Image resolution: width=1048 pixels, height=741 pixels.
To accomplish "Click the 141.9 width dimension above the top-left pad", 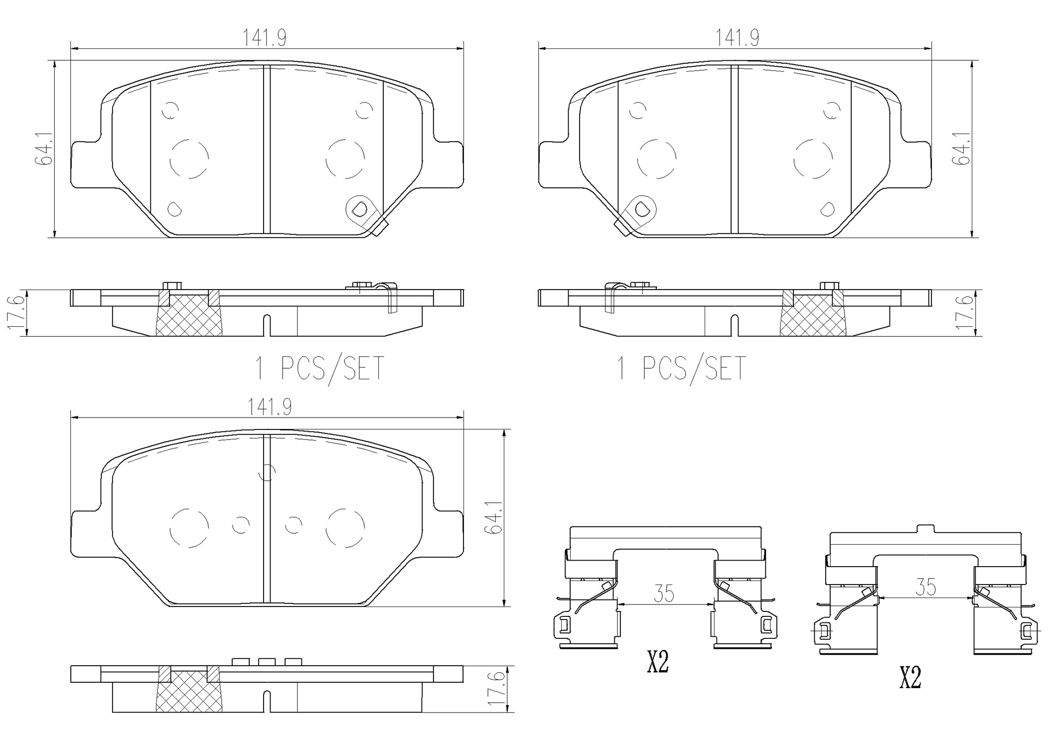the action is [264, 37].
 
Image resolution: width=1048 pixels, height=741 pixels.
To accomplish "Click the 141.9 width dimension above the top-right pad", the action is [738, 37].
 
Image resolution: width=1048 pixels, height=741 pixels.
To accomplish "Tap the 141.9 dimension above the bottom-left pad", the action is [270, 407].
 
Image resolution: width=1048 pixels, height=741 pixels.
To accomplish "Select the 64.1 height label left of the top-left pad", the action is [43, 148].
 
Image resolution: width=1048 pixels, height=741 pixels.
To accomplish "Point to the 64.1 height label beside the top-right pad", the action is [960, 148].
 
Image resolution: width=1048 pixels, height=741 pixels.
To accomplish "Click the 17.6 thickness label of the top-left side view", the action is [15, 312].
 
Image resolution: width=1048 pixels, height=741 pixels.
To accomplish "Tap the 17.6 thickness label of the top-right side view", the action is [964, 312].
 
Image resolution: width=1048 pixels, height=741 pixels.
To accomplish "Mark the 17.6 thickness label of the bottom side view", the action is [496, 688].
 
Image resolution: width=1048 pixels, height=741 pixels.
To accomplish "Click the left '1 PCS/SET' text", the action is [319, 368].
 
